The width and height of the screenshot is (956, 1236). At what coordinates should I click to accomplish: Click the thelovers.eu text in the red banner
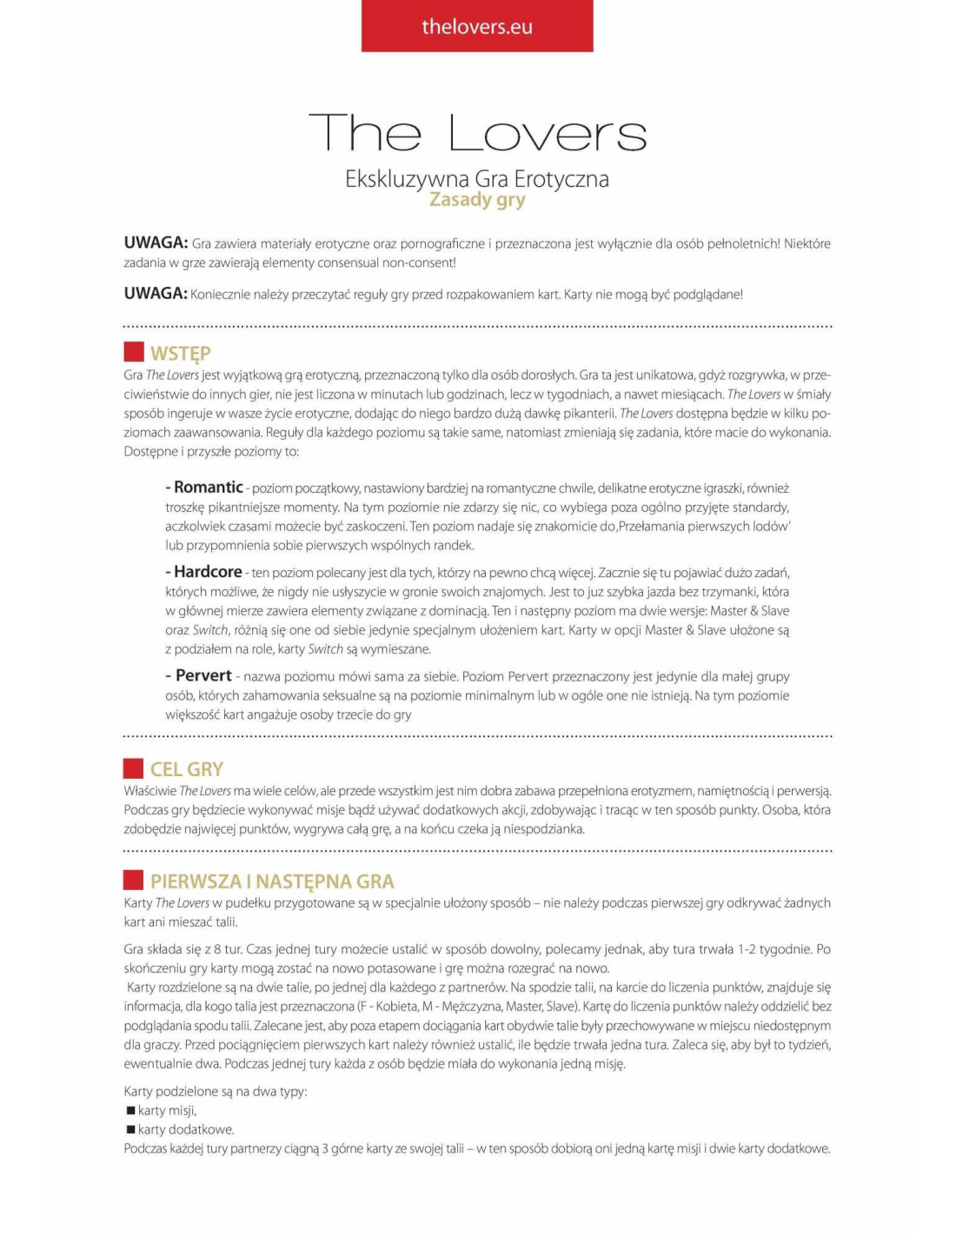click(476, 27)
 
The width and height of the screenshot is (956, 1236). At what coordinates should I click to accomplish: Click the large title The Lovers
click(477, 133)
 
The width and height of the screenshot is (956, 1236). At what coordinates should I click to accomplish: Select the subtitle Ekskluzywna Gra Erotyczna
click(476, 179)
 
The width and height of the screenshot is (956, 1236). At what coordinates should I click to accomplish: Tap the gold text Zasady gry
click(477, 200)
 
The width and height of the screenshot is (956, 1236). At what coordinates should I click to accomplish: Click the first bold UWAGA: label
click(156, 243)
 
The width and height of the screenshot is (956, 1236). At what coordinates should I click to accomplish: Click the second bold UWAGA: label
click(156, 293)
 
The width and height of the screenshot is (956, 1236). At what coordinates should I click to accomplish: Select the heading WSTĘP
click(180, 353)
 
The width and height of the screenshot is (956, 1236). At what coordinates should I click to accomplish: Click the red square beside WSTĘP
click(133, 352)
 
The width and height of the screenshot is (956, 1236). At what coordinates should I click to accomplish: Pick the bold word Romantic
click(208, 487)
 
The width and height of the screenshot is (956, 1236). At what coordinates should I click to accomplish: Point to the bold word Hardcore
click(208, 571)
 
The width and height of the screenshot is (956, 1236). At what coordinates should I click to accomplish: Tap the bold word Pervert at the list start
click(203, 675)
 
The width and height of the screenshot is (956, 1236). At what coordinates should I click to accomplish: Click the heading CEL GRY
click(186, 769)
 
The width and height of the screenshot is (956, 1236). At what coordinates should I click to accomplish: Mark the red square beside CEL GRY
click(133, 768)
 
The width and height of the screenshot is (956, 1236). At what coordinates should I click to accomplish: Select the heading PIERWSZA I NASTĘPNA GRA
click(272, 881)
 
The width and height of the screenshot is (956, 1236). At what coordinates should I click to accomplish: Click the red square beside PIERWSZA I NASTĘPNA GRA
click(133, 880)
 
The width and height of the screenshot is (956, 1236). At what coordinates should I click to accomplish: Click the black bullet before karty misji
click(130, 1110)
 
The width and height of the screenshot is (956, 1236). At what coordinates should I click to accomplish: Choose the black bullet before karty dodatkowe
click(130, 1129)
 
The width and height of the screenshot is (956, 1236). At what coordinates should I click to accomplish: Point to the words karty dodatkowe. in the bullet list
click(186, 1129)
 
